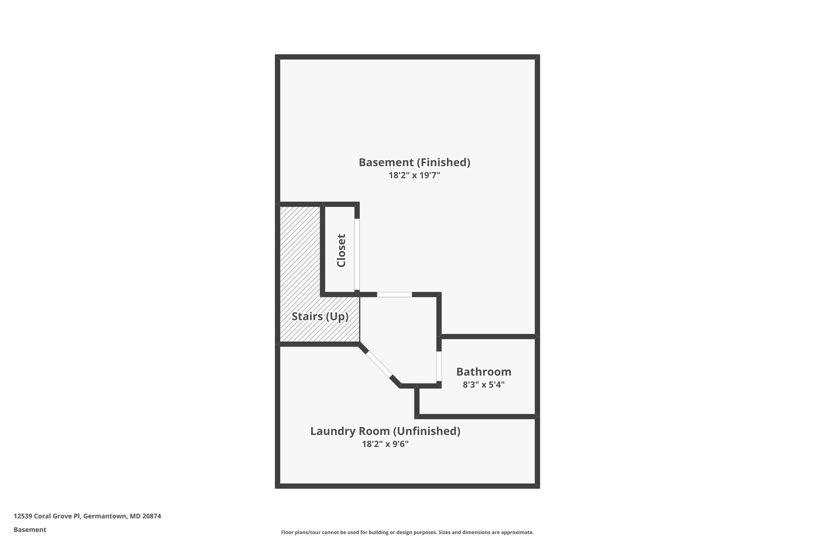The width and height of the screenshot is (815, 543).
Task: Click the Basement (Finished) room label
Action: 414,163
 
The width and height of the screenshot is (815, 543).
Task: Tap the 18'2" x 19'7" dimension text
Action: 414,175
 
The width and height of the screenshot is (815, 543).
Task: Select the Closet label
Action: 341,251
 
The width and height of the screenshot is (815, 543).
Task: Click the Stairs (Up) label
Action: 320,317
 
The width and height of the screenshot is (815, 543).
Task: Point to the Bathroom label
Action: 484,372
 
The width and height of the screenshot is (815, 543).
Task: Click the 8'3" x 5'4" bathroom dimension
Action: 484,385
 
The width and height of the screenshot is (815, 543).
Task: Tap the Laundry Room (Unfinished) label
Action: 385,431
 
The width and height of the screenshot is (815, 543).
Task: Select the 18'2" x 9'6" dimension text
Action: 385,444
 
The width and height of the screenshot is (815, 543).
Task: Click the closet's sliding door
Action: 357,255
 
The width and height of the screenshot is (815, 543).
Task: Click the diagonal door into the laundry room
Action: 378,364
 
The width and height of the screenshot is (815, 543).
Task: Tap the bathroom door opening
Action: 439,366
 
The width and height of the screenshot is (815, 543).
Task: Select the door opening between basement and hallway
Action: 394,294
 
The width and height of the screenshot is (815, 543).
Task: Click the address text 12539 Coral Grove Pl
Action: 47,516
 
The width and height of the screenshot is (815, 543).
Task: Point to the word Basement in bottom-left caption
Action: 30,530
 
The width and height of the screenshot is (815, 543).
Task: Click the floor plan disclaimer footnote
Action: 407,532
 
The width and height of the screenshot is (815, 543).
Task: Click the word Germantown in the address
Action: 105,516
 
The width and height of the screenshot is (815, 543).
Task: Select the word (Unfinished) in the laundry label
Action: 427,431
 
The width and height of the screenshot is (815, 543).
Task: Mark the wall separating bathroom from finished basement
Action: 488,337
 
